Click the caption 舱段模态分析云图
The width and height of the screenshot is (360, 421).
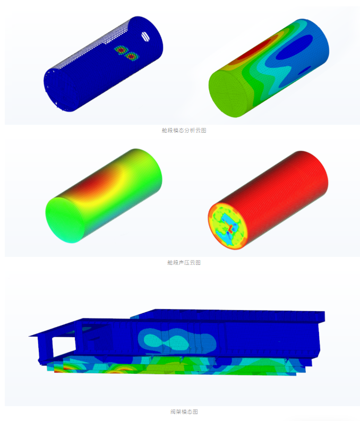pyautogui.click(x=184, y=131)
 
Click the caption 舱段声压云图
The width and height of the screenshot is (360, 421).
pyautogui.click(x=184, y=263)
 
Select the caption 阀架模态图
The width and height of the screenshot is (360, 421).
pyautogui.click(x=184, y=411)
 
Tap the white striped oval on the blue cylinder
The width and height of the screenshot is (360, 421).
pyautogui.click(x=145, y=36)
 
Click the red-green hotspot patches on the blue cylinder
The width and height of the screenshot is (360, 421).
pyautogui.click(x=127, y=53)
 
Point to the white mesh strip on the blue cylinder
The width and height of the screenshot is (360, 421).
pyautogui.click(x=92, y=46)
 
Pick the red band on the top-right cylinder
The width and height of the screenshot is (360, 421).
pyautogui.click(x=254, y=50)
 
